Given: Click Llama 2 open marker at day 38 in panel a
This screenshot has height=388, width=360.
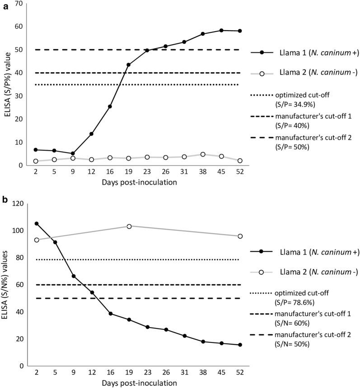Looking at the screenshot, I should pos(203,154).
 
